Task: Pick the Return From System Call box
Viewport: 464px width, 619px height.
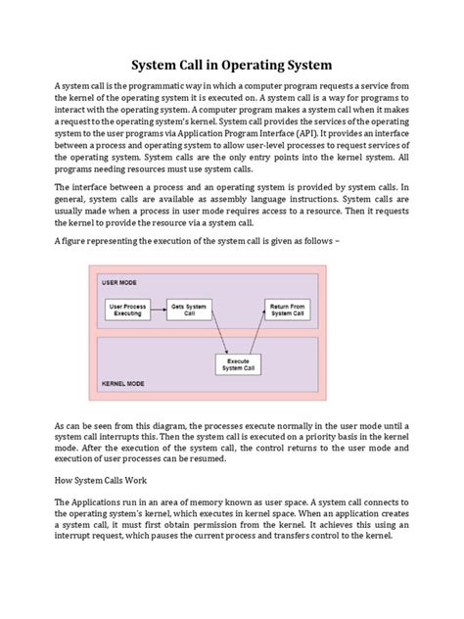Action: [289, 310]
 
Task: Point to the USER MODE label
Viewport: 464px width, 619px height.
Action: [118, 281]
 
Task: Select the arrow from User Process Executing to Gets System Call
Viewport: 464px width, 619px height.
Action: [157, 310]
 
